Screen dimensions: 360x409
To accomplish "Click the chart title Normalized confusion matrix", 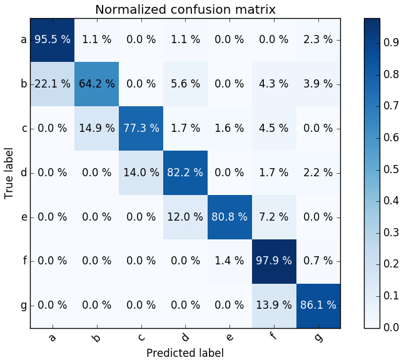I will point(184,9).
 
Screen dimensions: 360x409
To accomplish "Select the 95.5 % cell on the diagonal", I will point(53,39).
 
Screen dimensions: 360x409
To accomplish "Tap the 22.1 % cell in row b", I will point(53,84).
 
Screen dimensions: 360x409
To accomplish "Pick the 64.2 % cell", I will point(97,84).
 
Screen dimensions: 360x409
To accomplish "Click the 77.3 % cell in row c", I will point(141,128).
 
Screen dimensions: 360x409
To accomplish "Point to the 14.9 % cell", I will point(97,128).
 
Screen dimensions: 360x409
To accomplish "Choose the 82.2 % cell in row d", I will point(186,172).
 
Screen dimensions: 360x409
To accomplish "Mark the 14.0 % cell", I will point(141,172).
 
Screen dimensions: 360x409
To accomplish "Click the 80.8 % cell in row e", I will point(230,217).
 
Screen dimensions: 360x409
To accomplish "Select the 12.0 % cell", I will point(186,217).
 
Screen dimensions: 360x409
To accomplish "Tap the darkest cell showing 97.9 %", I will point(274,261).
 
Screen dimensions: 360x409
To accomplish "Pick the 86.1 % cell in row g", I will point(318,306).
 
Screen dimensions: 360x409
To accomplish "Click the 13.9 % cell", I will point(274,306).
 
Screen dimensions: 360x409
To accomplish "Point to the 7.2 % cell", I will point(274,217).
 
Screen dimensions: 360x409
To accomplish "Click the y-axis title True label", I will point(9,172).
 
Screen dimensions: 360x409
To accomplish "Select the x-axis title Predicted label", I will point(184,352).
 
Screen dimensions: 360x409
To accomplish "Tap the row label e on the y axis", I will point(23,217).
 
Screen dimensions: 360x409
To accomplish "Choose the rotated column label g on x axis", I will point(318,337).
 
